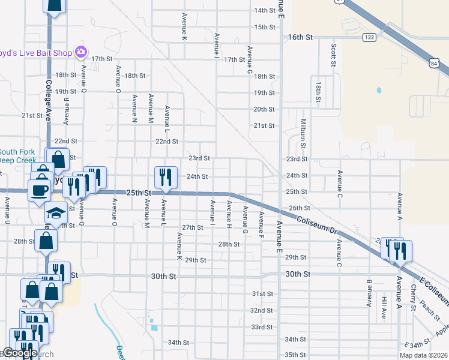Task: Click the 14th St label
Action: [264, 11]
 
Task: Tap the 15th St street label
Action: [264, 27]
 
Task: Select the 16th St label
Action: [301, 37]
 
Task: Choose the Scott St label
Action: [332, 55]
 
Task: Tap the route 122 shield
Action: [369, 37]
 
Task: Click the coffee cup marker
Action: [40, 190]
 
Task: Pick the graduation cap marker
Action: [55, 213]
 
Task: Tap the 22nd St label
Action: [167, 142]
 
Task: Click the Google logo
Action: [20, 353]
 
